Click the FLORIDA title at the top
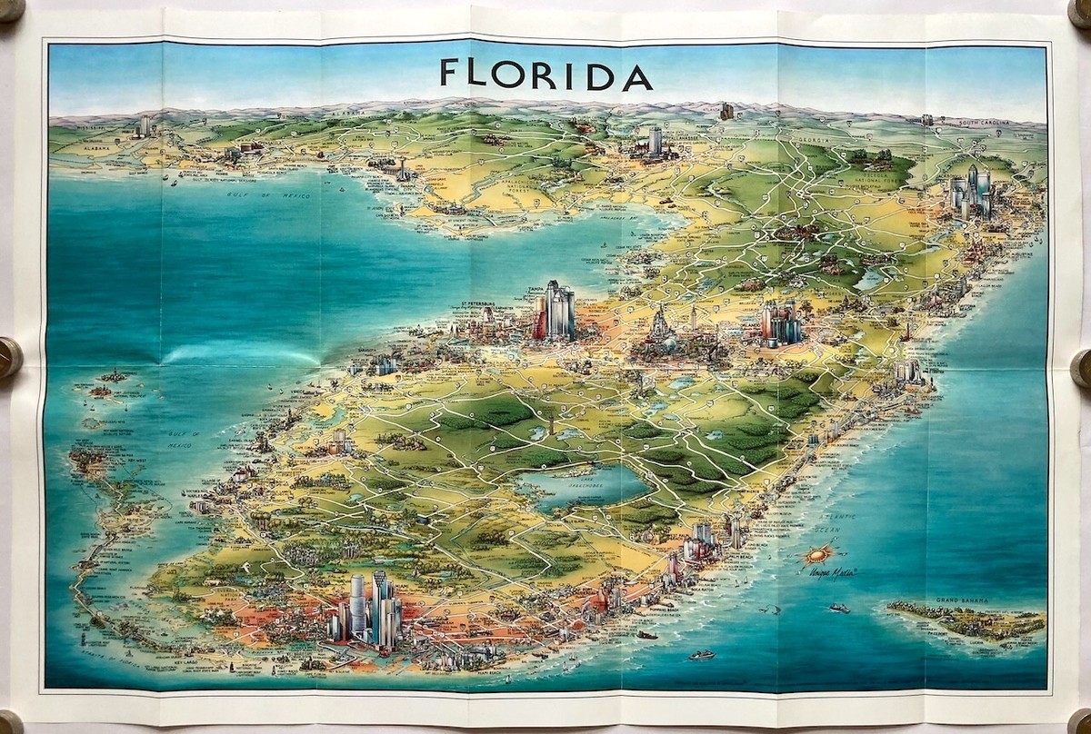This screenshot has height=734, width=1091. point(545,74)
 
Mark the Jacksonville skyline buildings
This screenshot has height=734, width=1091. point(971,191)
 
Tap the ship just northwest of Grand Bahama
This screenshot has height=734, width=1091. point(837,608)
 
